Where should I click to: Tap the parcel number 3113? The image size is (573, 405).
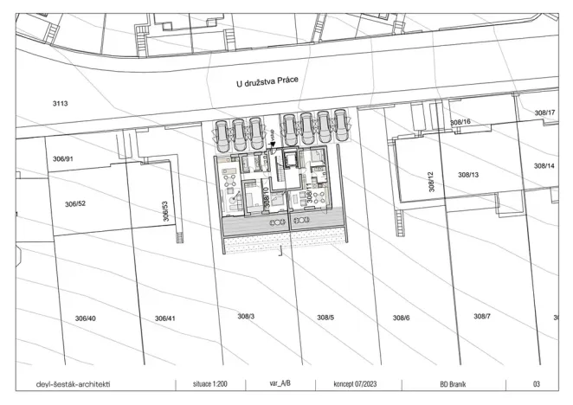(60, 103)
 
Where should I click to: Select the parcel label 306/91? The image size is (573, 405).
(62, 159)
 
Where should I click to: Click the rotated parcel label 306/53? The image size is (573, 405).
(165, 211)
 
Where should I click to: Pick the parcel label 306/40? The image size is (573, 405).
(85, 318)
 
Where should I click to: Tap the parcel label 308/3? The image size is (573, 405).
(245, 316)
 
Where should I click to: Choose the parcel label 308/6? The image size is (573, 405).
(401, 318)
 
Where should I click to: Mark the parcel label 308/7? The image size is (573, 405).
(482, 316)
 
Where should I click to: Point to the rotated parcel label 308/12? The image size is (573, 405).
(430, 181)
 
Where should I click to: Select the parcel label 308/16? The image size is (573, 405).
(460, 123)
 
